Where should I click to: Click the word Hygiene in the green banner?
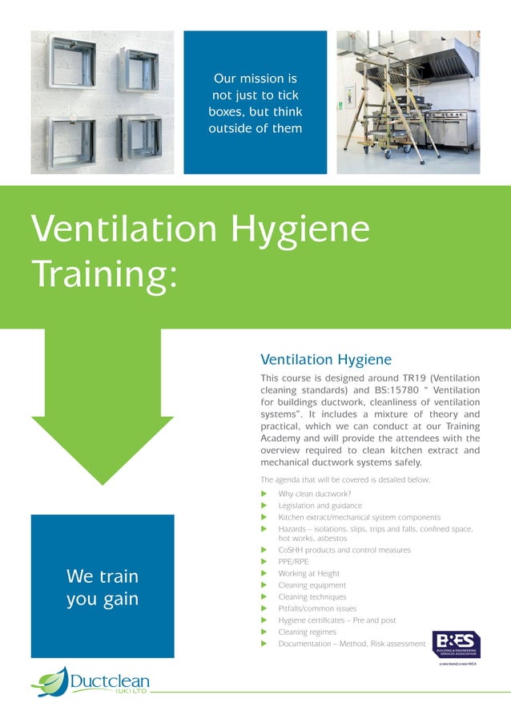point(300,230)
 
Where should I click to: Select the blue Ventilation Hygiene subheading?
point(326,360)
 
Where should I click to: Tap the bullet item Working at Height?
point(309,574)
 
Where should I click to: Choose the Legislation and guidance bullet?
point(320,506)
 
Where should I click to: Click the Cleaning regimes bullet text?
point(308,632)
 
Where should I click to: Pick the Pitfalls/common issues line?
point(315,608)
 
